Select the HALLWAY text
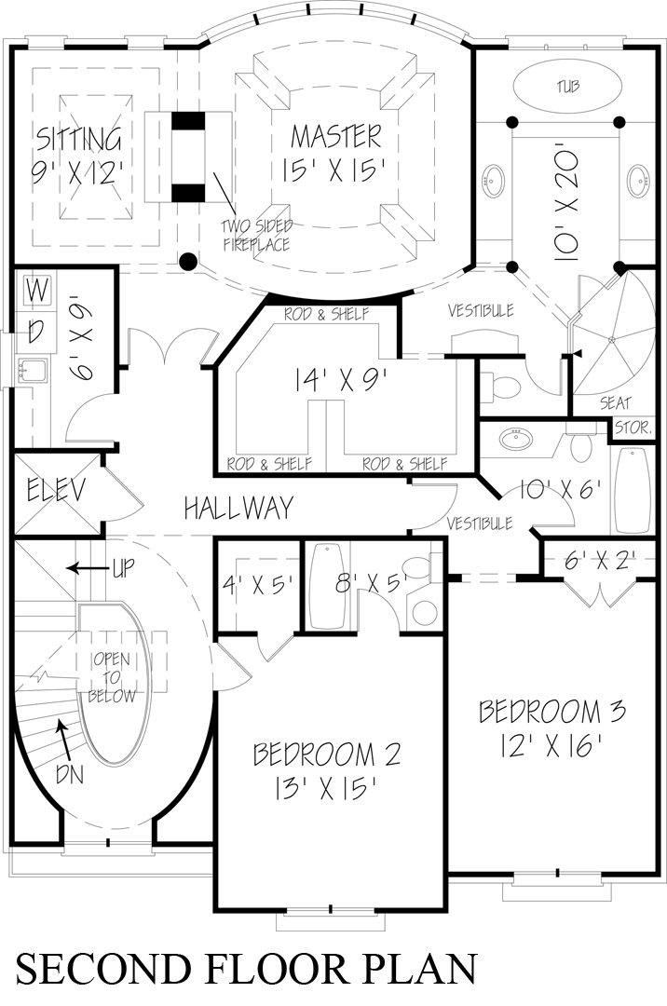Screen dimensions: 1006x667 (238, 508)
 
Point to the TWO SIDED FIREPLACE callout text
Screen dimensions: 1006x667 (256, 235)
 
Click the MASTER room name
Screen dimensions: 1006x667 (336, 136)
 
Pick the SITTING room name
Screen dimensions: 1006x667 (79, 140)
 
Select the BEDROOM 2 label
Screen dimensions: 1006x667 (326, 754)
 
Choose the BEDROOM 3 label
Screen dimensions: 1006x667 (551, 713)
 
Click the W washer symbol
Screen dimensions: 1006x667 (37, 291)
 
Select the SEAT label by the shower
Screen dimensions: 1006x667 (589, 404)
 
